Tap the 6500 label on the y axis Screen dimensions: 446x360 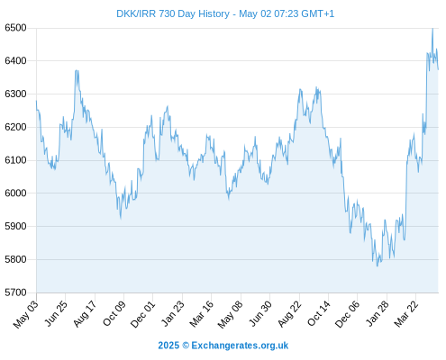pos(15,28)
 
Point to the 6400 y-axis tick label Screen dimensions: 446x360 pos(15,61)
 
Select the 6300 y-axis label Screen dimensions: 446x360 pos(15,94)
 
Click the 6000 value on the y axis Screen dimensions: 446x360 pos(15,193)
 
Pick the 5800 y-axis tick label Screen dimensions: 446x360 pos(15,259)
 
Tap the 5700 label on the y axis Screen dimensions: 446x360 pos(15,292)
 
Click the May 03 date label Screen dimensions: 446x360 pos(26,314)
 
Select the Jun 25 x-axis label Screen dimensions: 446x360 pos(57,313)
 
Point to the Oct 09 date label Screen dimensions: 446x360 pos(114,313)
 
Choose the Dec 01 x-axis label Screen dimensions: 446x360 pos(143,314)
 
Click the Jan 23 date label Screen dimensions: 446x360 pos(173,313)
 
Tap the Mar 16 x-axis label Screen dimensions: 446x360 pos(202,313)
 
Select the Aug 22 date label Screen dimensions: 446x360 pos(289,313)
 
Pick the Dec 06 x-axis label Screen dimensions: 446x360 pos(348,314)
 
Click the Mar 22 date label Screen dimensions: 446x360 pos(406,313)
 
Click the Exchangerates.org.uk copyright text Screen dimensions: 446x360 pos(223,346)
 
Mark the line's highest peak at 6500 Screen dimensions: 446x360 pos(432,29)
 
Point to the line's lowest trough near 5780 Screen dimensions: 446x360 pos(378,265)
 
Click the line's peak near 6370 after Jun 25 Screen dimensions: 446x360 pos(77,70)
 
